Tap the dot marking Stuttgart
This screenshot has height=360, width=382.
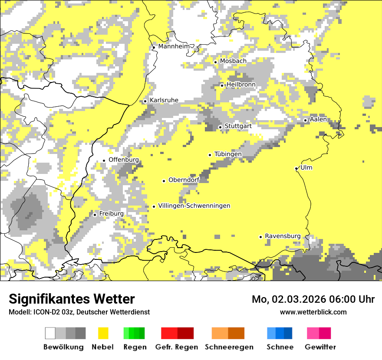pos(221,127)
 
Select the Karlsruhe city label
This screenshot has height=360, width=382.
pos(164,100)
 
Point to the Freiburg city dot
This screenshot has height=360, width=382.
pos(95,215)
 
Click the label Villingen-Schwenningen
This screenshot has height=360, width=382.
pos(194,206)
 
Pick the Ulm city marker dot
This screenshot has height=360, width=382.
pos(296,168)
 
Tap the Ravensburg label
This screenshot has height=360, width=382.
pos(283,236)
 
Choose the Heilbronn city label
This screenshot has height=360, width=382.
pos(241,84)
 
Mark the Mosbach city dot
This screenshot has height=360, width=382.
pos(215,62)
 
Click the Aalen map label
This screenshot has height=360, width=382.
pos(318,119)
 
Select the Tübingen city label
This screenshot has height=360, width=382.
pos(228,154)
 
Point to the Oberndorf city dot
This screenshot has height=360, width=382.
pos(164,181)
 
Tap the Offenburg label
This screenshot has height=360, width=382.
pos(124,160)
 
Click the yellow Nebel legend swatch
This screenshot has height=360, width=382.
pos(103,333)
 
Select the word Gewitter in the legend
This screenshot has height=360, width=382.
pos(320,347)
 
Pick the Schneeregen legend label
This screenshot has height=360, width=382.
pos(229,347)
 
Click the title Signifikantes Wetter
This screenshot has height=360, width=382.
pos(72,299)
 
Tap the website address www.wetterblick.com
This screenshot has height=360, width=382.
pos(313,312)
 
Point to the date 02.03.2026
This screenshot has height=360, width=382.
pos(300,299)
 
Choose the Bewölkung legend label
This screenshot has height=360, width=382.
pos(63,347)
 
